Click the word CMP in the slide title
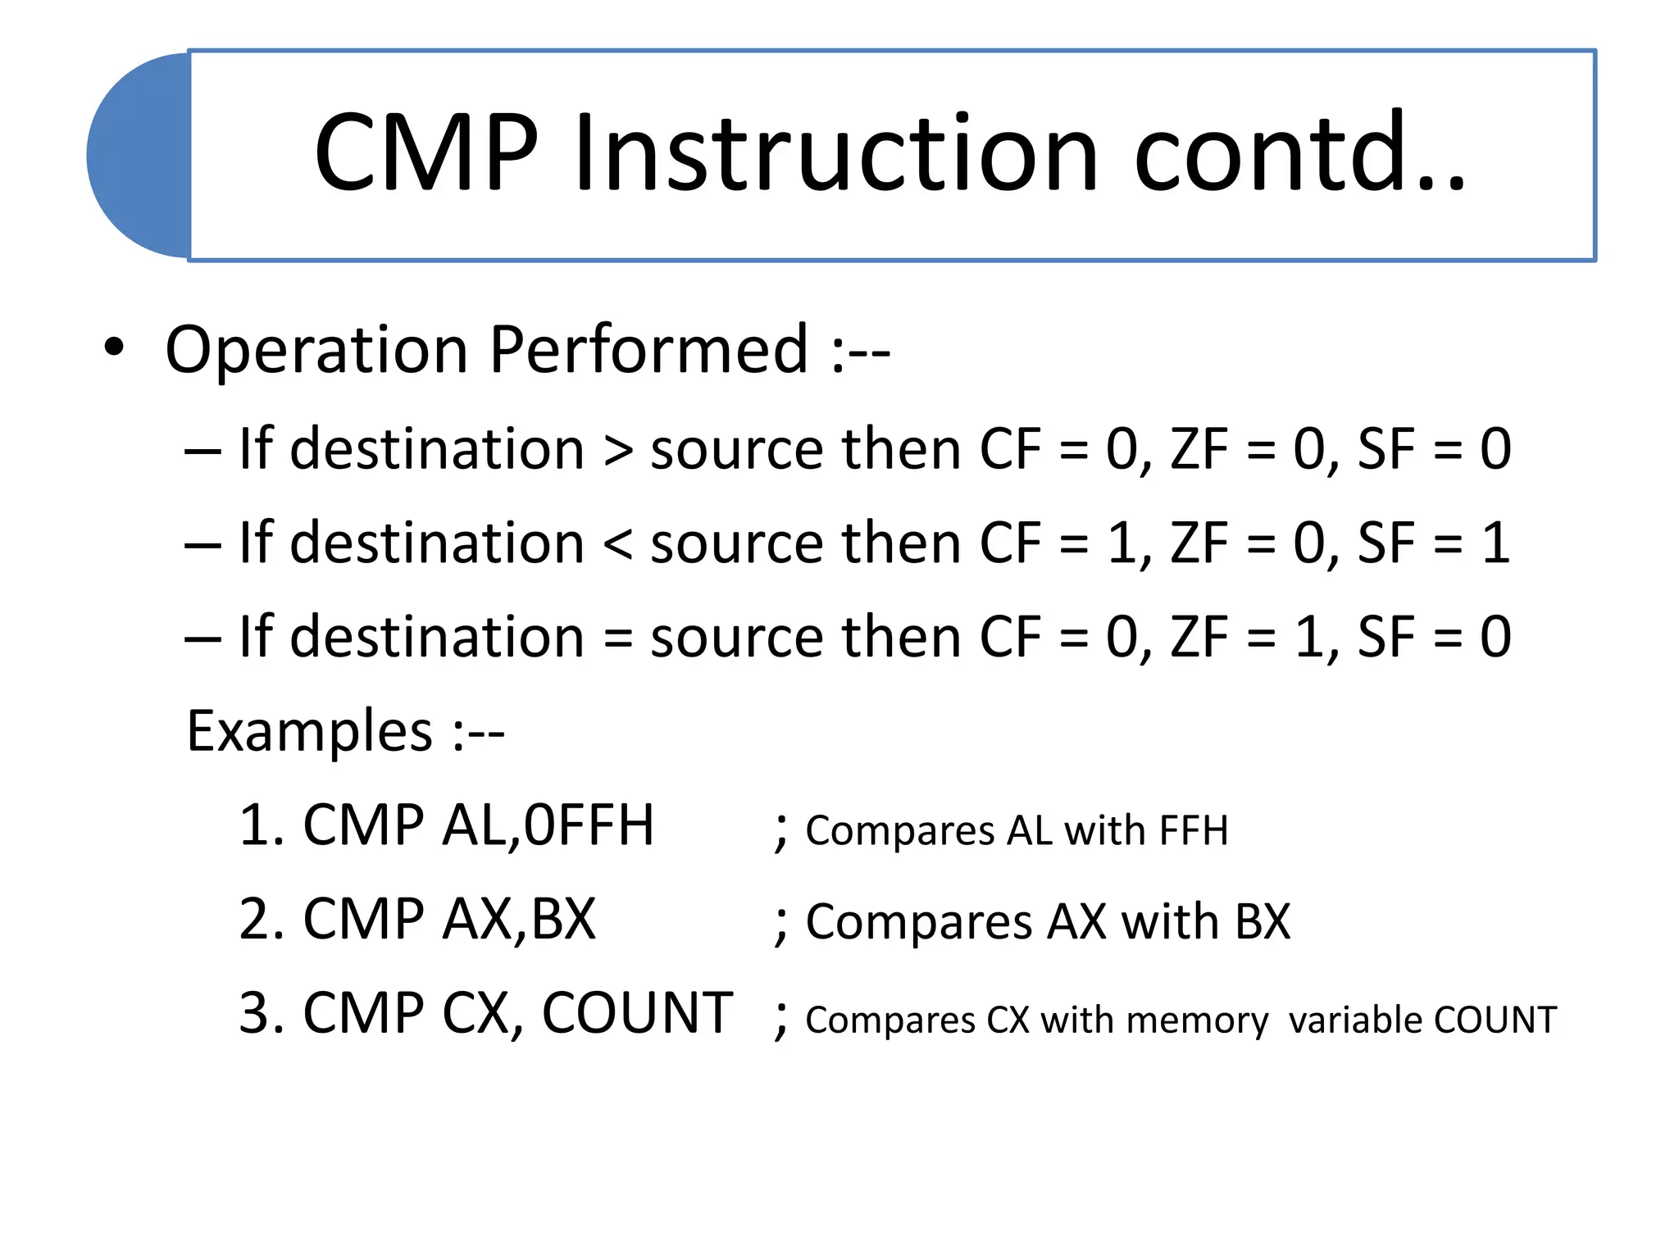[x=426, y=154]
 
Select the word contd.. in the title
[x=1299, y=154]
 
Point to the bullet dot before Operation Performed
[x=114, y=348]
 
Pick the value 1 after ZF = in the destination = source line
[x=1308, y=637]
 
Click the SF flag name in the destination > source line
[x=1386, y=450]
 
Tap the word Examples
[x=309, y=730]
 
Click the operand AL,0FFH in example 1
[x=548, y=825]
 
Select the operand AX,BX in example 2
[x=519, y=920]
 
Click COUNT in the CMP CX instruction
[x=637, y=1014]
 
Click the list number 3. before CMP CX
[x=262, y=1014]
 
